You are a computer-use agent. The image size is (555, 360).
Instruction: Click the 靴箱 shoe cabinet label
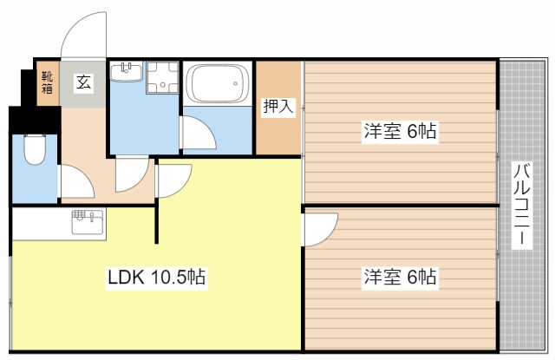click(47, 83)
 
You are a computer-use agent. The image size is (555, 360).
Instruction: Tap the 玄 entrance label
click(84, 83)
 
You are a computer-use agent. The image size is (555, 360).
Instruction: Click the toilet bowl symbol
click(36, 153)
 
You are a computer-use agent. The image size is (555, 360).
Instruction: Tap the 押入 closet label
click(278, 108)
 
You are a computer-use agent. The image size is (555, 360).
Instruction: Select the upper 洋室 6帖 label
click(400, 132)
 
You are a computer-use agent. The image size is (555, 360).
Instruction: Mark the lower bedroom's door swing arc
click(317, 231)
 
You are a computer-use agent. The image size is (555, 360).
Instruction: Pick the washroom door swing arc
click(132, 173)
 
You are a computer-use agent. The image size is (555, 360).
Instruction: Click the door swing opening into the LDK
click(173, 178)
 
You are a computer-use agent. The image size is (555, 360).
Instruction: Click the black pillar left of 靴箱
click(26, 86)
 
